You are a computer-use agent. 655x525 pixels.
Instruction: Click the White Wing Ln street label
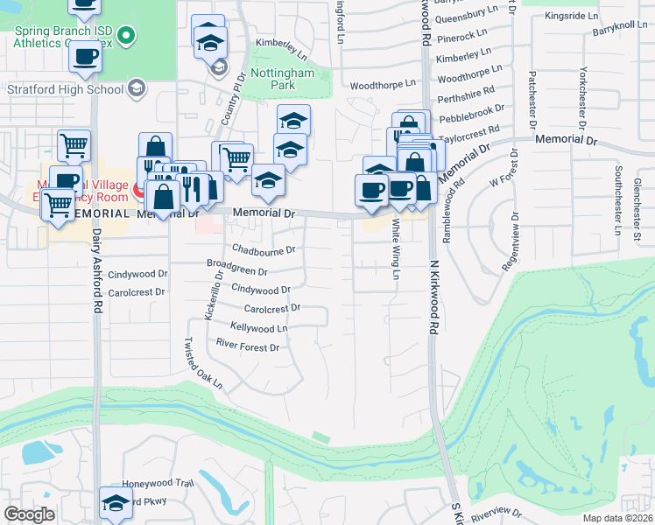[396, 249]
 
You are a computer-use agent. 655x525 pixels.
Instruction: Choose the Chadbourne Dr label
[264, 248]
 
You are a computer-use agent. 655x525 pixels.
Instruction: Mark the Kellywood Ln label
[258, 327]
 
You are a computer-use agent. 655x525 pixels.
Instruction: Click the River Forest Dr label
[247, 347]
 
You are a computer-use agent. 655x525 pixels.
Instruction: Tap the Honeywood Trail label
[157, 483]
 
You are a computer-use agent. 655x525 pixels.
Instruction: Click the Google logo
[29, 514]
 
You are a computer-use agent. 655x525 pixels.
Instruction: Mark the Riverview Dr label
[496, 514]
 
